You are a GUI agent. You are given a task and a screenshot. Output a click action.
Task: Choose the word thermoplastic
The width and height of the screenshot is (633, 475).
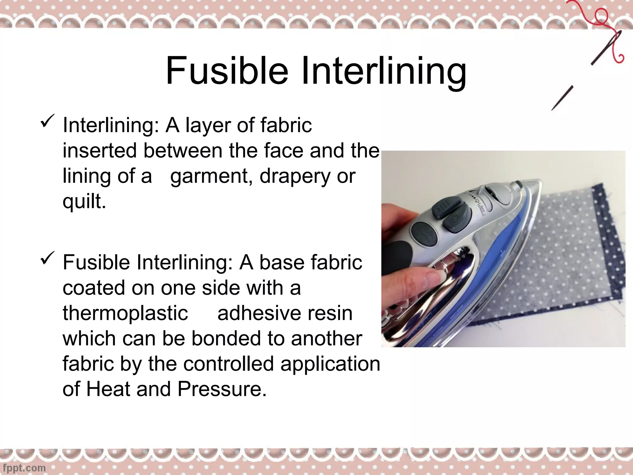pyautogui.click(x=125, y=313)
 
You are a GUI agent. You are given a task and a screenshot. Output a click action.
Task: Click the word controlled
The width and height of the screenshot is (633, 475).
pyautogui.click(x=228, y=364)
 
